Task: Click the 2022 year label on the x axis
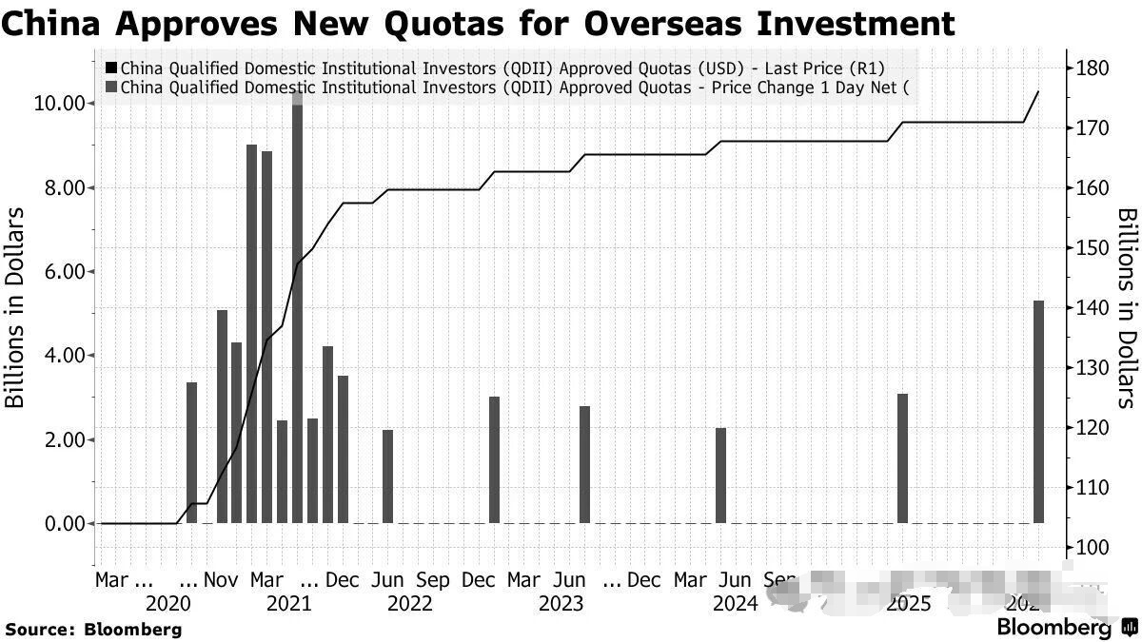(x=410, y=603)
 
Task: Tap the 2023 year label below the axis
(x=561, y=603)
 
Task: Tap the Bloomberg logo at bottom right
(x=1066, y=628)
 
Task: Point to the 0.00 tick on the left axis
(x=63, y=523)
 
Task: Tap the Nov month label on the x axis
(x=222, y=580)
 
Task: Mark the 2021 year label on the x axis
(x=288, y=603)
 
